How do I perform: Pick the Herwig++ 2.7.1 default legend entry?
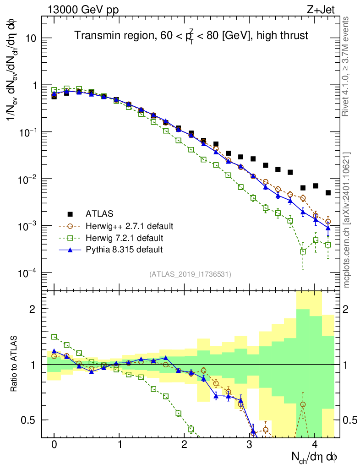[129, 226]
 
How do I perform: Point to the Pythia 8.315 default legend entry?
[124, 250]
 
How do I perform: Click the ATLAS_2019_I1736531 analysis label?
[190, 274]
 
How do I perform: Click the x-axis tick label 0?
[54, 445]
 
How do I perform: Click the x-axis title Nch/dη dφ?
[315, 457]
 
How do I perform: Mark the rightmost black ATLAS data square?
[328, 193]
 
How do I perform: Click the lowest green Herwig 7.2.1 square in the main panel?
[303, 251]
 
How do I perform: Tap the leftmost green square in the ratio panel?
[54, 337]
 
